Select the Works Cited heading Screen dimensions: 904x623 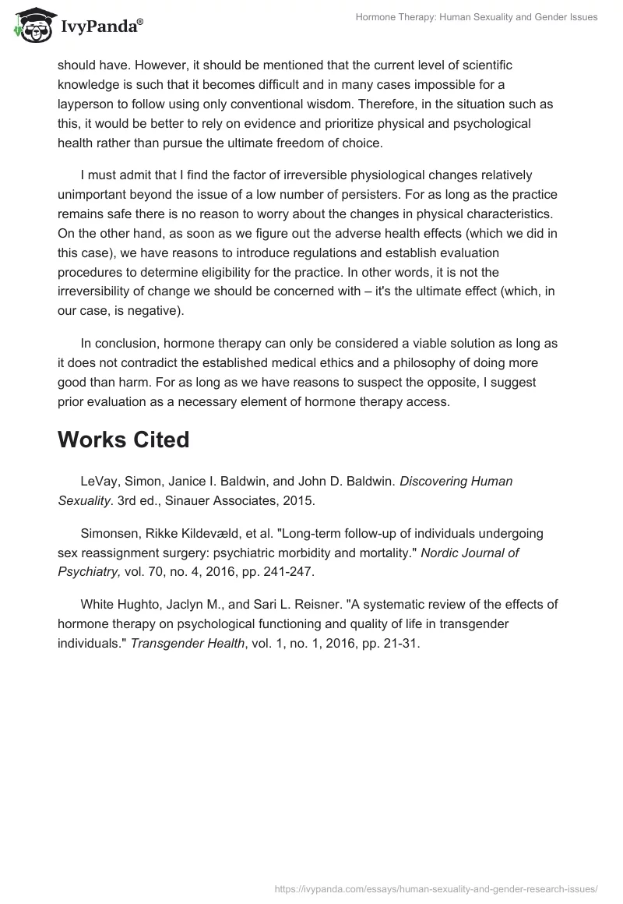coord(123,440)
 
